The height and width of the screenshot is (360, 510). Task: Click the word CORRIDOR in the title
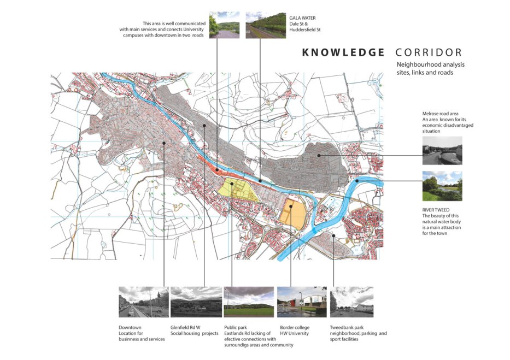click(429, 52)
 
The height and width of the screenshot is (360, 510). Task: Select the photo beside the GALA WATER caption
click(266, 25)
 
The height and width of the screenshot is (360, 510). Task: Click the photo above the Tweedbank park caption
click(351, 302)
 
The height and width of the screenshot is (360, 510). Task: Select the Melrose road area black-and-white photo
click(442, 151)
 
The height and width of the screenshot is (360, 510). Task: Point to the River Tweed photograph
click(442, 186)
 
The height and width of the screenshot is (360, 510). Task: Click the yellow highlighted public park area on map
click(237, 191)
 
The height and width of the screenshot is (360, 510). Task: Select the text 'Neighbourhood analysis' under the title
click(430, 65)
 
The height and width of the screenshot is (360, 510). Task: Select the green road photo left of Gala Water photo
click(224, 25)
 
